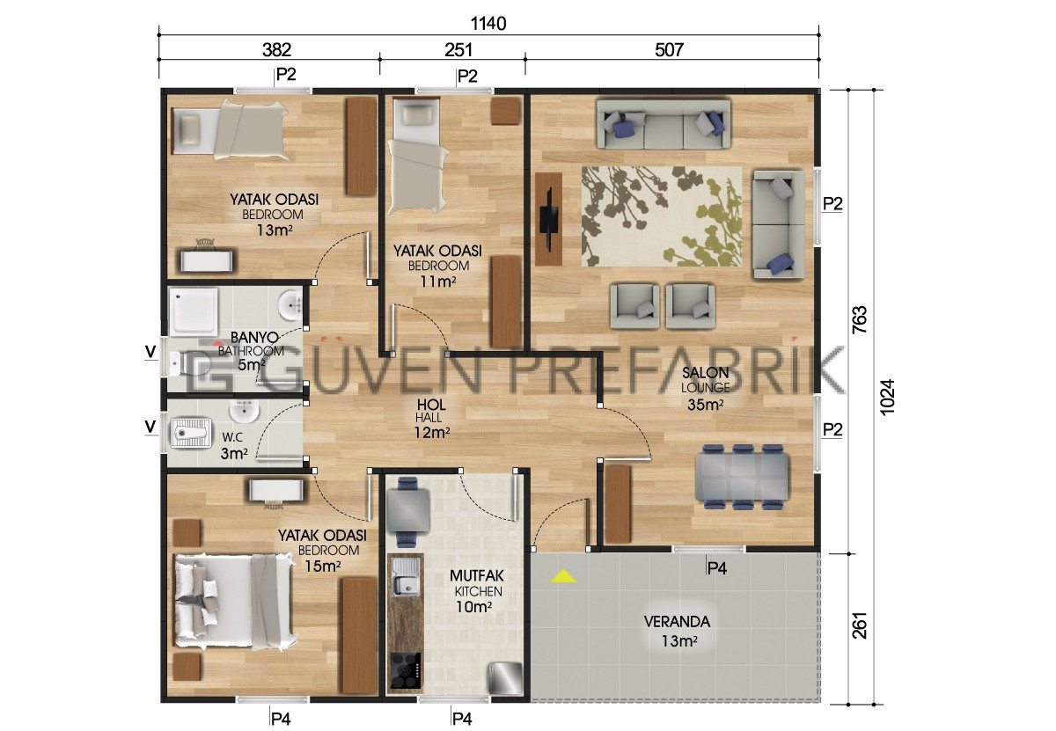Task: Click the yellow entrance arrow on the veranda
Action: [x=563, y=576]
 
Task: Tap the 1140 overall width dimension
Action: [x=488, y=23]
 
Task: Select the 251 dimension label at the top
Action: [x=458, y=49]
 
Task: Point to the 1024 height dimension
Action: [x=887, y=397]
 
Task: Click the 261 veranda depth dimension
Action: [x=860, y=625]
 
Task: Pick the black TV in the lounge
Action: [x=549, y=218]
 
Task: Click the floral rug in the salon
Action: [x=661, y=216]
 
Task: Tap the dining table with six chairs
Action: [x=741, y=477]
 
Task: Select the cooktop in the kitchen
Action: [x=405, y=670]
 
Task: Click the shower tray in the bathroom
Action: [x=194, y=311]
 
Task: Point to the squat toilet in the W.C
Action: [x=190, y=432]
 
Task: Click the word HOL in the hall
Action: [x=431, y=405]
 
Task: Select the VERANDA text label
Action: [x=677, y=622]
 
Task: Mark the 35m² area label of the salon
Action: [x=705, y=405]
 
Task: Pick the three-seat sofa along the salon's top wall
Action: [x=664, y=123]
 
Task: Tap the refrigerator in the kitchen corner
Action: [x=505, y=678]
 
